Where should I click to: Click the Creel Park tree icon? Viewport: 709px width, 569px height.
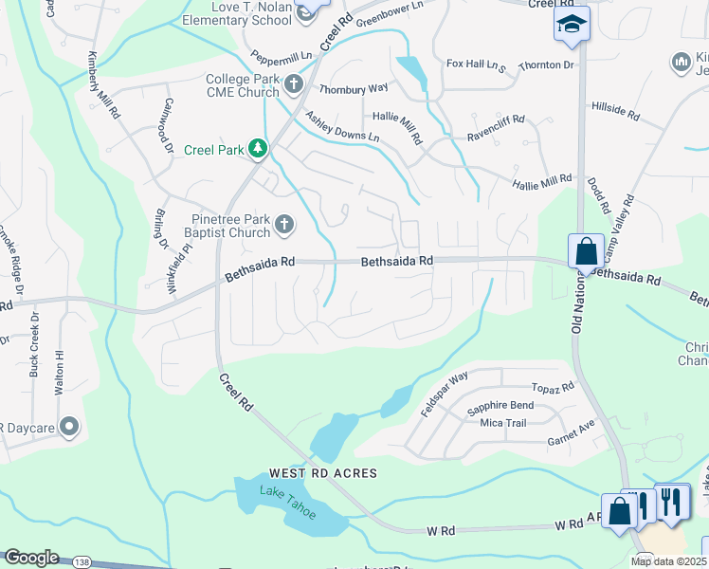coord(257,149)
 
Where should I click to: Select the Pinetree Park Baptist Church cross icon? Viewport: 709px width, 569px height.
coord(283,225)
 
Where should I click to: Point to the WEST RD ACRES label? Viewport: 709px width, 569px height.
coord(322,472)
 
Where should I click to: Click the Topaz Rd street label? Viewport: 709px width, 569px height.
coord(554,388)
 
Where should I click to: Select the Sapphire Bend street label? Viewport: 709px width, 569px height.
coord(500,406)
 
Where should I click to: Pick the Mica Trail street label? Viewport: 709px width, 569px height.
coord(502,423)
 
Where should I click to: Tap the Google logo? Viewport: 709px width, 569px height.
coord(30,558)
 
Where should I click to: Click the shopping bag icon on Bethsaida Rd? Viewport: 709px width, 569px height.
coord(586,252)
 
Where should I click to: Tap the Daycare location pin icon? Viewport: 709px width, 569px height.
coord(67,427)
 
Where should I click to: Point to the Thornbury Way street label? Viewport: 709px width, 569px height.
coord(354,88)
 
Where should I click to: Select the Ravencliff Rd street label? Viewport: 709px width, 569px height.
coord(496,130)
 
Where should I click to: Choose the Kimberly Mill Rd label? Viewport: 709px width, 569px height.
coord(103,85)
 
